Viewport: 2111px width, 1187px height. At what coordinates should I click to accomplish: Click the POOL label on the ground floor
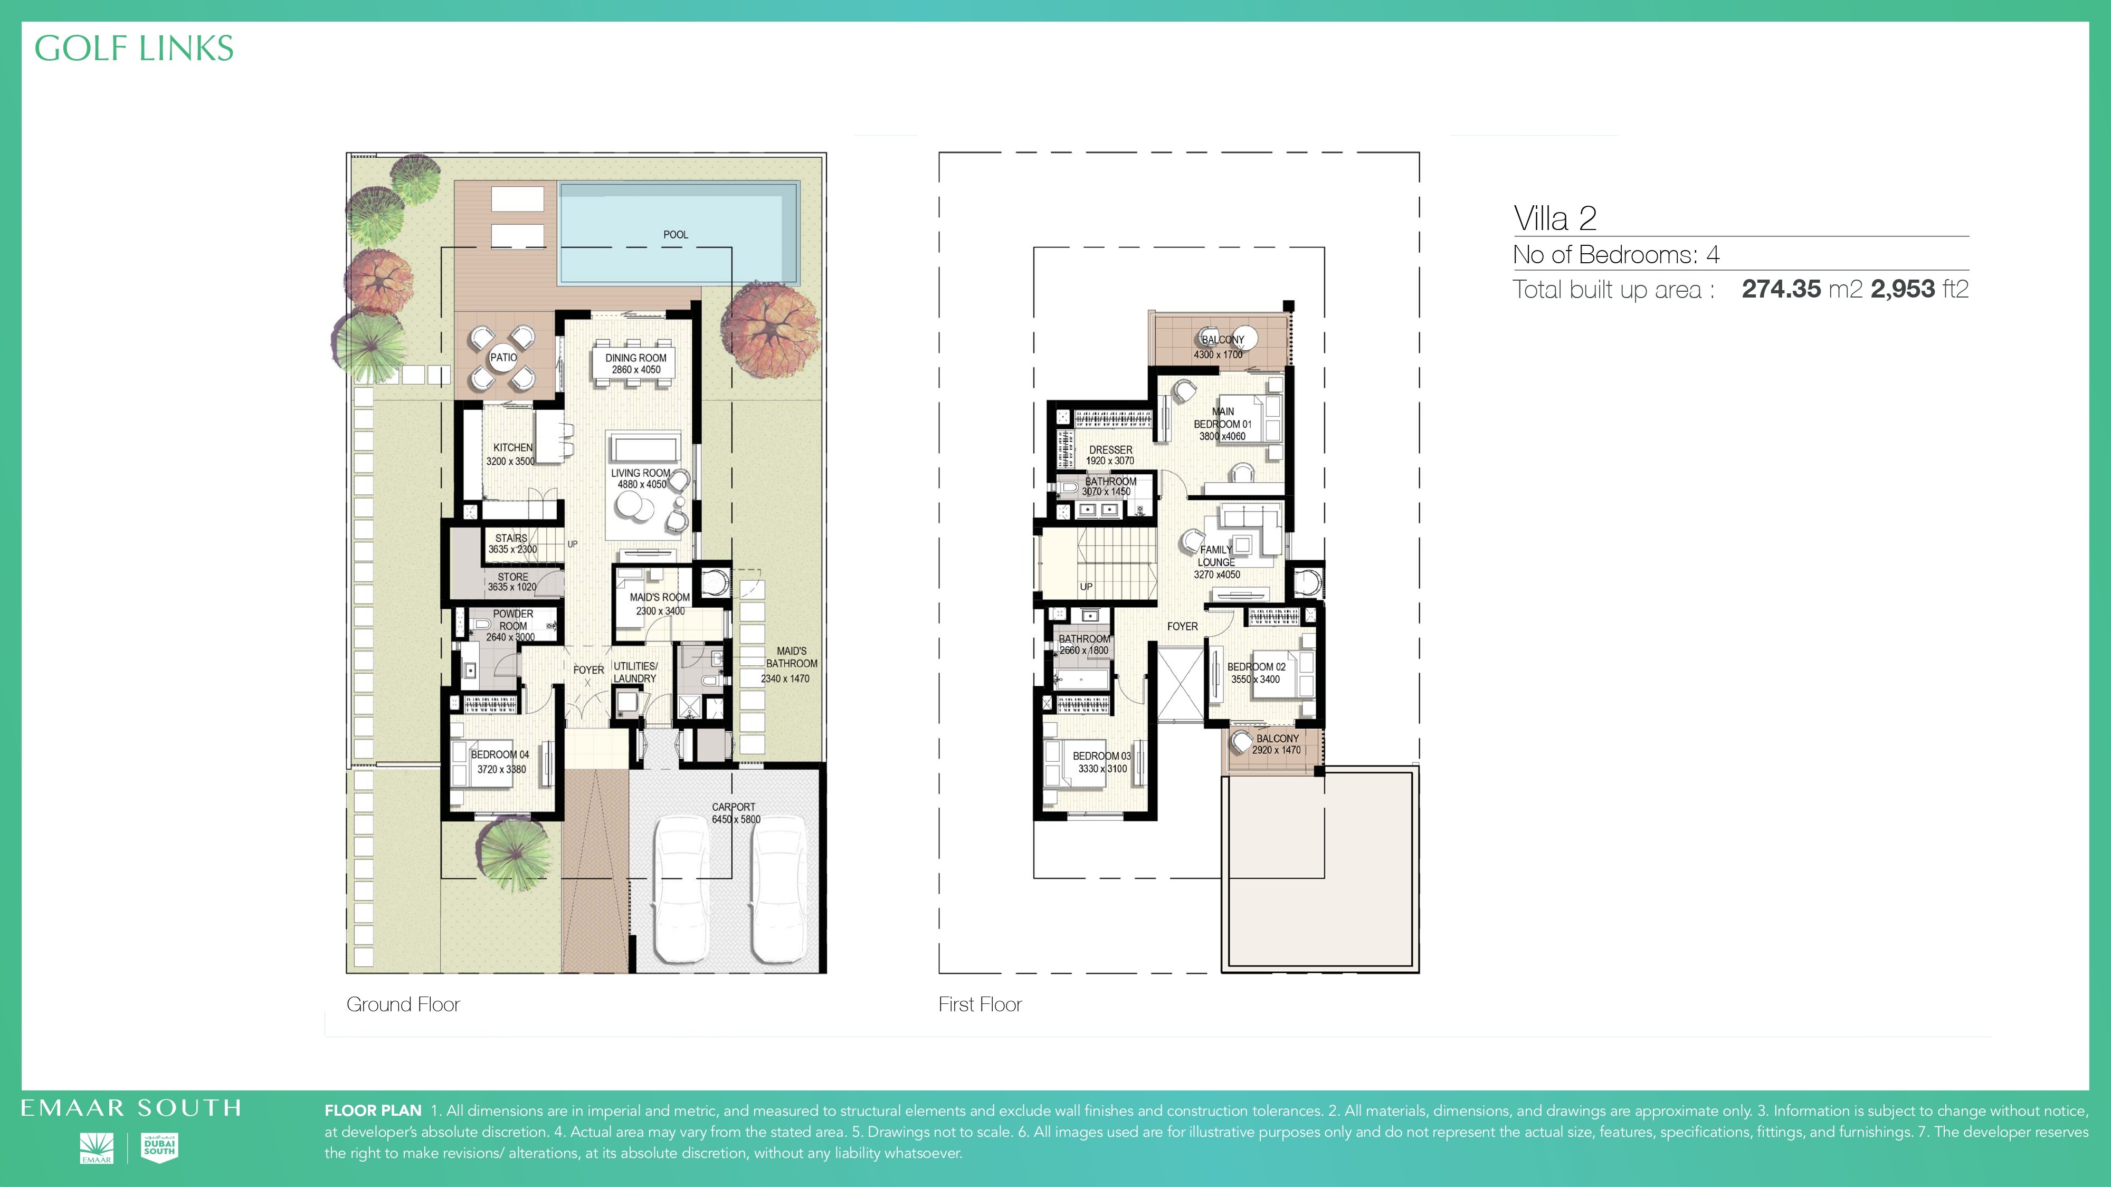[676, 234]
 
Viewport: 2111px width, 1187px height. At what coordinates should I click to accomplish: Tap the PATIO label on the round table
[503, 357]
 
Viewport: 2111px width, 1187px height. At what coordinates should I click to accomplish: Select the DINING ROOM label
[636, 358]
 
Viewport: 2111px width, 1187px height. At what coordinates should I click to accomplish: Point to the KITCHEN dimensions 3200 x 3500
[510, 461]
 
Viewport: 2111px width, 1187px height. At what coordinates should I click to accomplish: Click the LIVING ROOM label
[641, 473]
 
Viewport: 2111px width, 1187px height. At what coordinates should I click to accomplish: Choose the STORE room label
[513, 577]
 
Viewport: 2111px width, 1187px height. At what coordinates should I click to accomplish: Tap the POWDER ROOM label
[513, 619]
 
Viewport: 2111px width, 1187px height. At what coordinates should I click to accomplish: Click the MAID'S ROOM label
[660, 597]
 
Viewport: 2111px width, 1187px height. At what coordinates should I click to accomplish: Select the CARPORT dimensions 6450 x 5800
[736, 819]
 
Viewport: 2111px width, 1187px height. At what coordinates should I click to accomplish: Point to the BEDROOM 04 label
[500, 754]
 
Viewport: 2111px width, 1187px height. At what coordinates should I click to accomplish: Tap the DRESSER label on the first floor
[1110, 449]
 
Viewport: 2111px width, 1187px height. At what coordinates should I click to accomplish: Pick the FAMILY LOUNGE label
[1216, 556]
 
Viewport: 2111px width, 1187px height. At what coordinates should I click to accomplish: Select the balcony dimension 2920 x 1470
[1276, 750]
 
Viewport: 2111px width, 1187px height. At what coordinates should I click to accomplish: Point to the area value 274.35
[1781, 289]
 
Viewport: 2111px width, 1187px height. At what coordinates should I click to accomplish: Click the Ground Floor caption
[403, 1004]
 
